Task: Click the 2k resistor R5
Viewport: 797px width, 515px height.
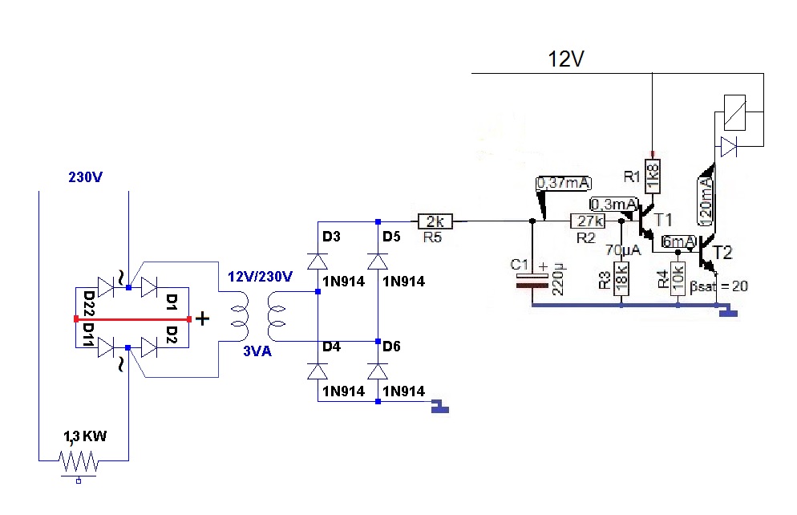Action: click(x=435, y=221)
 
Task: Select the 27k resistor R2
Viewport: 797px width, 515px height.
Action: click(x=588, y=221)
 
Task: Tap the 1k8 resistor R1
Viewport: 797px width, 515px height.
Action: click(x=653, y=176)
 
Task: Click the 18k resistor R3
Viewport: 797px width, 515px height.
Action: click(x=621, y=278)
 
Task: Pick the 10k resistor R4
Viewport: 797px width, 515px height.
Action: click(x=678, y=278)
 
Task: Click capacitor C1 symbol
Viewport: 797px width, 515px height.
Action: click(x=532, y=281)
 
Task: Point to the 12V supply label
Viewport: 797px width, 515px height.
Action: click(x=566, y=59)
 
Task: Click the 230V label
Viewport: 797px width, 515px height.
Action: click(x=85, y=177)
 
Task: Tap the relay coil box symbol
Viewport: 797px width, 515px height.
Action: click(x=735, y=112)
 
